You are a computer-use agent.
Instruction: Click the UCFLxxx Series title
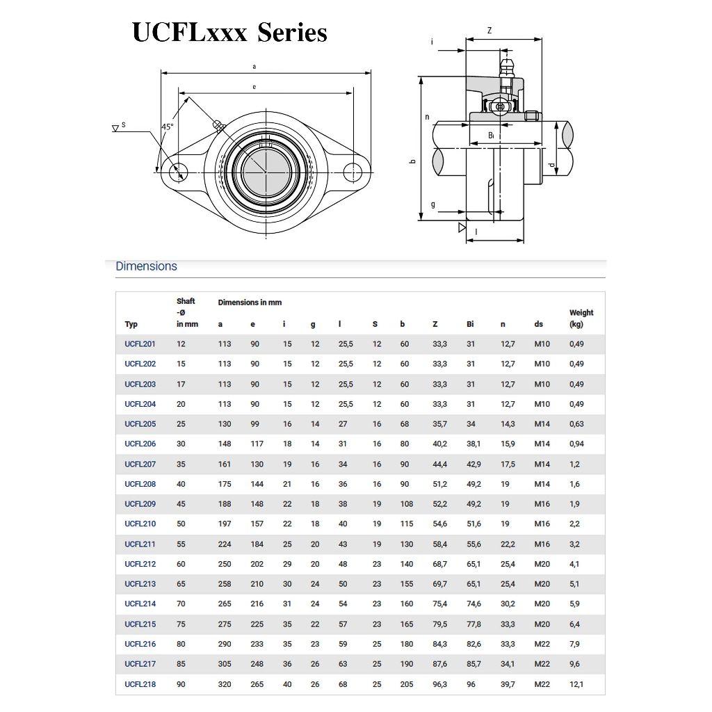tap(229, 32)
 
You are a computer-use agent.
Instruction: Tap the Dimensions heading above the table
tap(146, 266)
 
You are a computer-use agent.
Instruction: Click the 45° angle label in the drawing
tap(167, 127)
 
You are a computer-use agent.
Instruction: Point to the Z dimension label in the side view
tap(489, 31)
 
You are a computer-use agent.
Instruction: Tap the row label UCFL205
tap(140, 424)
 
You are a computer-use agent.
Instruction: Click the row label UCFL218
tap(140, 684)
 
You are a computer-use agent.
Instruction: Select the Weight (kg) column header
tap(581, 318)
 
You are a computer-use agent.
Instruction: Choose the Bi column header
tap(471, 324)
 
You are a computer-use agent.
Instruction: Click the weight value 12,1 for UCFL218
tap(576, 684)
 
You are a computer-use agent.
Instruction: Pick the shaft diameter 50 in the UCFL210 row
tap(181, 524)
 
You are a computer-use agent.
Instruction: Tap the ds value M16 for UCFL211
tap(542, 544)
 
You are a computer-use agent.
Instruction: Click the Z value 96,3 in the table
tap(439, 684)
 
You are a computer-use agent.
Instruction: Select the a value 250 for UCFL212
tap(225, 564)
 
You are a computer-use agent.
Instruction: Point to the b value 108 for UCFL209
tap(407, 504)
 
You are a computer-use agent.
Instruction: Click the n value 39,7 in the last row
tap(508, 684)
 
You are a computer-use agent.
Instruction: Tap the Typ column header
tap(131, 324)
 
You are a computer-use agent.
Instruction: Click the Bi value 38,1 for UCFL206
tap(474, 444)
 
